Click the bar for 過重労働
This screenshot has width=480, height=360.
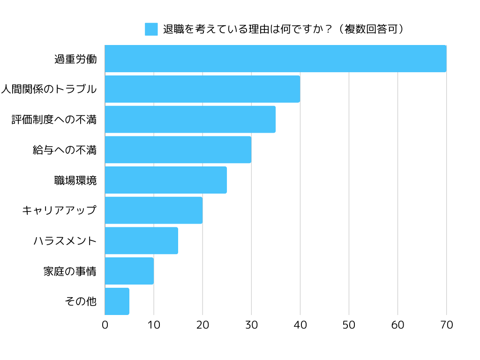(275, 59)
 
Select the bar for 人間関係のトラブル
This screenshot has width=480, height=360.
(202, 89)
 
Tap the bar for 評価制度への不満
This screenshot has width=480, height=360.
(190, 119)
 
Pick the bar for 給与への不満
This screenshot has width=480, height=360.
(178, 150)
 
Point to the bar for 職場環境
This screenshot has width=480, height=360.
(165, 180)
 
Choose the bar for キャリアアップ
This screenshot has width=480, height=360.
(153, 210)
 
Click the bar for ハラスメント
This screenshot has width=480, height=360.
(141, 240)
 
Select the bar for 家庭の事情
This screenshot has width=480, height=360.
(129, 271)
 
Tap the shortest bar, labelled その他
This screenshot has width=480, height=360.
(117, 301)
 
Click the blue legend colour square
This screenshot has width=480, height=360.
(151, 29)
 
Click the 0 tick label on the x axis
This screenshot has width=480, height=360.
(105, 325)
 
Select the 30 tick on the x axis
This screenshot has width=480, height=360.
(251, 325)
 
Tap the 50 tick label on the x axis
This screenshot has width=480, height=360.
(349, 325)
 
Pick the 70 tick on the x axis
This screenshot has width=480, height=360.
(446, 325)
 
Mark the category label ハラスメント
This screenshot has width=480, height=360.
(65, 241)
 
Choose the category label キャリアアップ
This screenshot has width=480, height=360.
(59, 210)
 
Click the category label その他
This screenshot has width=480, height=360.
(81, 301)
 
